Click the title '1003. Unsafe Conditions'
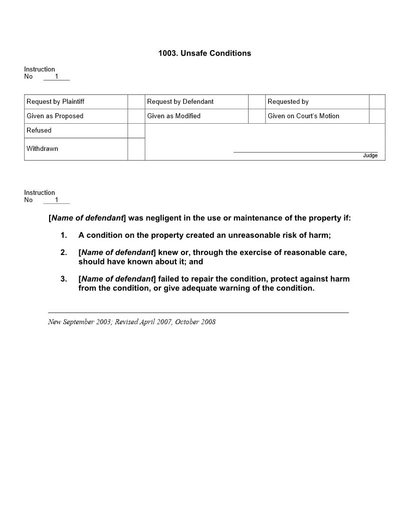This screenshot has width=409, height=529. tap(204, 53)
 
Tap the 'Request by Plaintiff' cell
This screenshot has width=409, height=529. tap(56, 102)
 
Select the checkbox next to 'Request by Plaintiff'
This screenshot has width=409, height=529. tap(136, 102)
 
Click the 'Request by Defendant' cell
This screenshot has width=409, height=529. tap(180, 102)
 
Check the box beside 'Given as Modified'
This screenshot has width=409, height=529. tap(257, 116)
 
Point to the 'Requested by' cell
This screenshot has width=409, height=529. tap(288, 102)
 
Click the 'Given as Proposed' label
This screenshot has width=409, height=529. tap(55, 116)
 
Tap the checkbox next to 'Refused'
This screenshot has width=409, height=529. tap(136, 131)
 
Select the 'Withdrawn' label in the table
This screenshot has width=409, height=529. tap(43, 149)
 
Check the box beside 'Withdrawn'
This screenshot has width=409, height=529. tap(136, 149)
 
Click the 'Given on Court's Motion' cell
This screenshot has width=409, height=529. tap(303, 116)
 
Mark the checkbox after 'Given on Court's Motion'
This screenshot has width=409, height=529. tap(377, 116)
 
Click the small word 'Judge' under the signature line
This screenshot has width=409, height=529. tap(370, 156)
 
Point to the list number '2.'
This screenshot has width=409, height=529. tap(64, 252)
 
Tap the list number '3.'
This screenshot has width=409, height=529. tap(64, 279)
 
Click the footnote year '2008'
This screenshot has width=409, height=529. tap(208, 322)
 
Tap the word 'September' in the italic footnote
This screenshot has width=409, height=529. tap(79, 322)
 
